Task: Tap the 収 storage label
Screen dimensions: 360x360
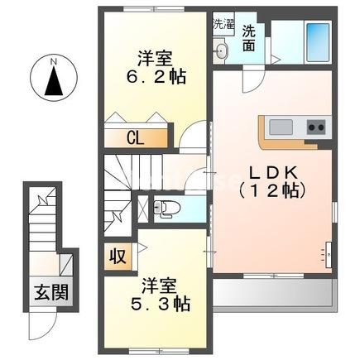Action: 117,255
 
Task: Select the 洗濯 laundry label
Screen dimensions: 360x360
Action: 221,23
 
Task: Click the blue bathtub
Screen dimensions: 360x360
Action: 316,41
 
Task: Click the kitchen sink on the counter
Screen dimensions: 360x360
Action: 281,127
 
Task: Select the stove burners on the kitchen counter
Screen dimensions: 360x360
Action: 316,127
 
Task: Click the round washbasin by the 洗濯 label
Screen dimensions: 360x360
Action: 220,52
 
